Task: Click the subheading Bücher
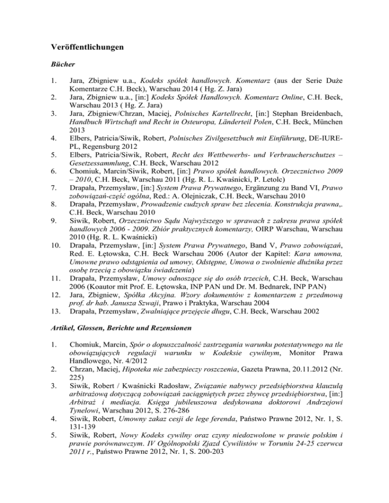click(x=62, y=65)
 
